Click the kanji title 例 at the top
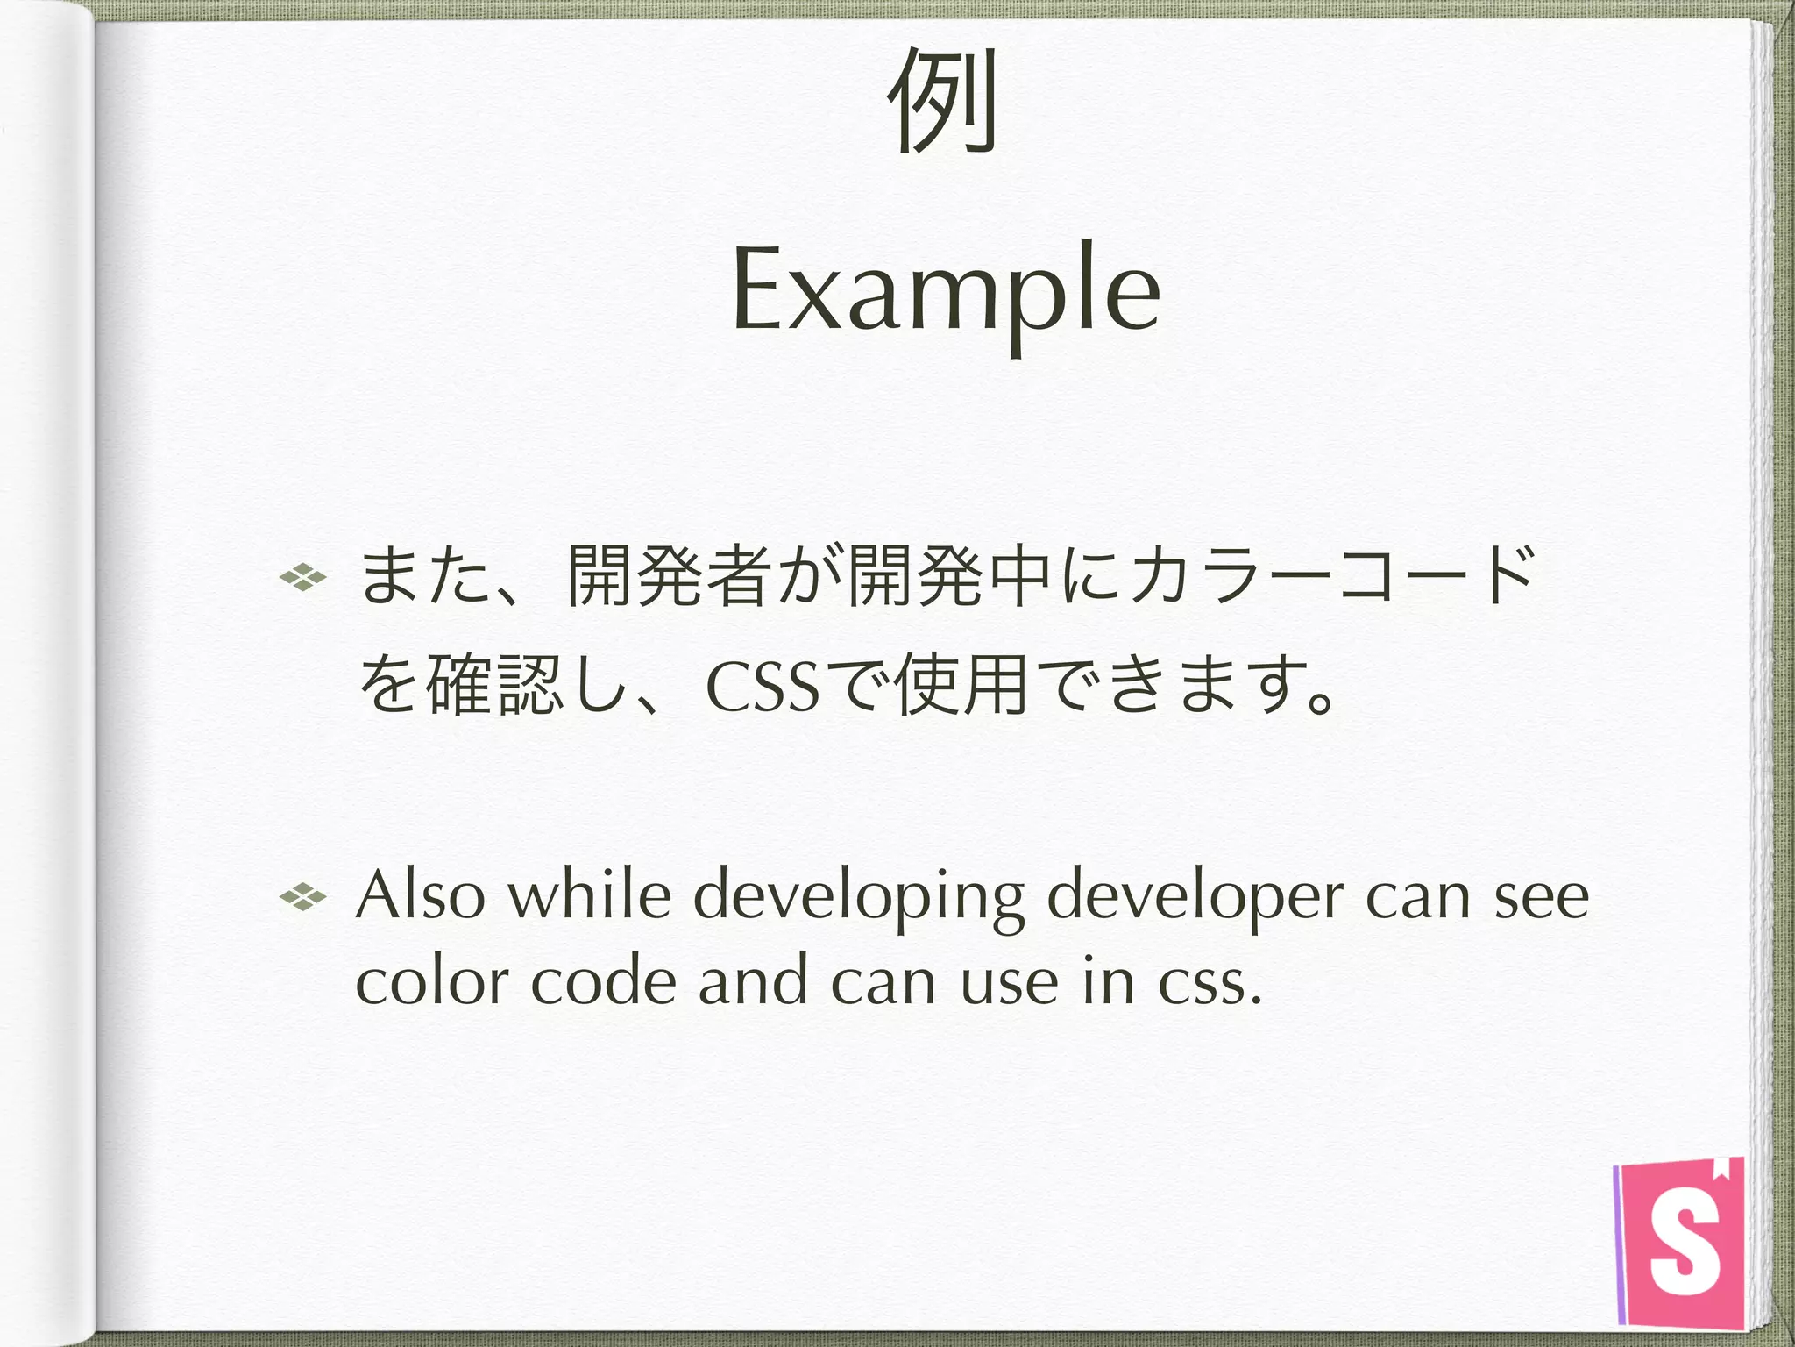[x=942, y=100]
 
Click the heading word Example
[x=947, y=289]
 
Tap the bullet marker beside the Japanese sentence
[x=302, y=577]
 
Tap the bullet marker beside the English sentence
[x=302, y=896]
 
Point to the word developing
[x=859, y=898]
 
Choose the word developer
[x=1195, y=898]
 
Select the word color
[x=432, y=982]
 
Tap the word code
[x=604, y=982]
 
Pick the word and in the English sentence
[x=753, y=982]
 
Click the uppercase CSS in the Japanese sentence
[x=763, y=687]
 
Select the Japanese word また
[x=425, y=577]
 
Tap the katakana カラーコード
[x=1332, y=577]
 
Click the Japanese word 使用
[x=961, y=685]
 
